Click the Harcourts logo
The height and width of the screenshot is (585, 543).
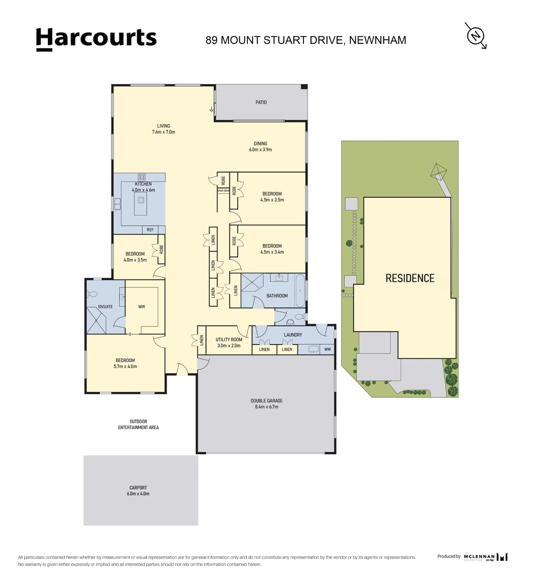tap(96, 39)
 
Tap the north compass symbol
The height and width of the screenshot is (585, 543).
tap(476, 36)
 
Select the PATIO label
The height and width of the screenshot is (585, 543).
tap(261, 102)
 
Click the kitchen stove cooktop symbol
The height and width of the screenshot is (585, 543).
tap(142, 177)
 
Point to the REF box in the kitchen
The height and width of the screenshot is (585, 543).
tap(150, 230)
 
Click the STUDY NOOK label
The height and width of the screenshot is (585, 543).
tap(223, 191)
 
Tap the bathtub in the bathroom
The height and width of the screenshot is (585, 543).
tap(300, 290)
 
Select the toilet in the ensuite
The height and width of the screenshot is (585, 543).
tap(92, 294)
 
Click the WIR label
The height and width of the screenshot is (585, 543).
tap(142, 307)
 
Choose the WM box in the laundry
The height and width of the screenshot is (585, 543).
tap(327, 349)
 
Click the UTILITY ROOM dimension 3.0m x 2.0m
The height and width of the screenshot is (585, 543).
tap(229, 345)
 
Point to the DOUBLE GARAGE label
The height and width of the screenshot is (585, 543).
tap(267, 401)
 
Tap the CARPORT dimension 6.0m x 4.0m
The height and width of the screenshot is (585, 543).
tap(138, 494)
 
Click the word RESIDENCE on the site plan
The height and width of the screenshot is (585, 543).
tap(410, 278)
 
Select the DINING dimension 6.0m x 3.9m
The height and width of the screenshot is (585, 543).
tap(260, 149)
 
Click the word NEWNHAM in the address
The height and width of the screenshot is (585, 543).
tap(378, 40)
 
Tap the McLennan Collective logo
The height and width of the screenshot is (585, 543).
tap(486, 557)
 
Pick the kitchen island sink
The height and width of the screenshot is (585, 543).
tap(141, 200)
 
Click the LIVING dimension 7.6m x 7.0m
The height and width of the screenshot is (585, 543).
tap(163, 132)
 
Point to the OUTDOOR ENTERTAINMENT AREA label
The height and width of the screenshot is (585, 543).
tap(138, 424)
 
